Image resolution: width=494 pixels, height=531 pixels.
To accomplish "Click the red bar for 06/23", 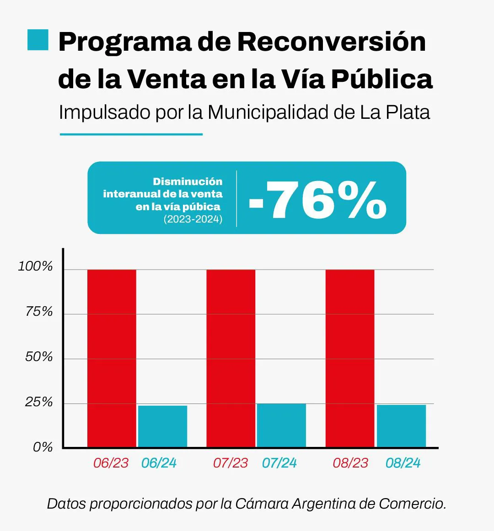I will coord(112,358).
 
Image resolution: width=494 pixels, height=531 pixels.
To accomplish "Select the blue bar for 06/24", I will coord(162,426).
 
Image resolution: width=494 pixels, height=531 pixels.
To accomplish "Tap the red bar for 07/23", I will coord(231,358).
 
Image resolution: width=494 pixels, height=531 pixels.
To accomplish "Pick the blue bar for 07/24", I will coord(281,425).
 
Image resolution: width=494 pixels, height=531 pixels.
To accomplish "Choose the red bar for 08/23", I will coord(350,358).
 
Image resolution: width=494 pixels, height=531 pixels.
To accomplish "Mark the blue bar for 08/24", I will coord(401,425).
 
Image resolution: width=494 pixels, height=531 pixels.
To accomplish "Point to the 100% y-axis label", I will coord(36,266).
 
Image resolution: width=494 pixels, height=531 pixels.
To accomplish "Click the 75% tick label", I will coord(39,312).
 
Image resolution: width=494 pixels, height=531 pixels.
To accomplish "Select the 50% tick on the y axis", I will coord(39,357).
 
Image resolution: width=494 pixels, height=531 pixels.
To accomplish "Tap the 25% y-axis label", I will coord(39,402).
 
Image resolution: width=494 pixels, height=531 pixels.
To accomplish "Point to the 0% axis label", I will coord(43,447).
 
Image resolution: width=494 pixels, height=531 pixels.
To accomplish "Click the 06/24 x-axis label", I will coord(159,463).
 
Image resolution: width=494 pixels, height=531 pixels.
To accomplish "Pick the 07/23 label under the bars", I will coord(231,463).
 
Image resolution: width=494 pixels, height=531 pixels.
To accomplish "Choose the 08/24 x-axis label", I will coord(403,463).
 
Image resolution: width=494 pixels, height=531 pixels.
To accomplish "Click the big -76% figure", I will coord(318,199).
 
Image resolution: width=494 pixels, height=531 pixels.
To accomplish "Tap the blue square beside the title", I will coord(38,40).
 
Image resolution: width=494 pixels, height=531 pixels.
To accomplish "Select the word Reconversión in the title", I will coord(331,42).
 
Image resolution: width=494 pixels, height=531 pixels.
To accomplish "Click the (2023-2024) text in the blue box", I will coord(193,219).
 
